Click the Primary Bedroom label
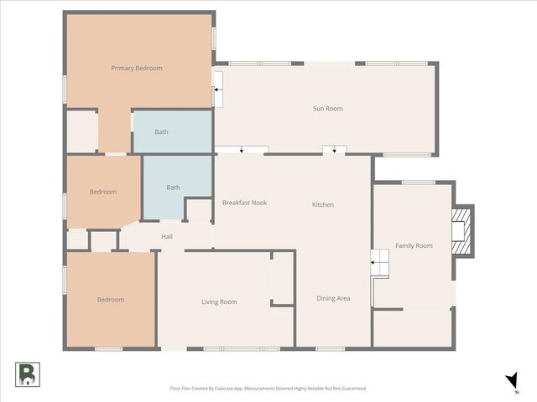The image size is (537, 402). click(137, 68)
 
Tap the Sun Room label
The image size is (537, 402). click(327, 108)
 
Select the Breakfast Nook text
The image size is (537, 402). click(245, 203)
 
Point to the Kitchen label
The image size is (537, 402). click(323, 204)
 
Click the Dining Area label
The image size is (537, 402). click(333, 298)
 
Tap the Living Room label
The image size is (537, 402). click(219, 301)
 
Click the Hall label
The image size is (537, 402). click(167, 237)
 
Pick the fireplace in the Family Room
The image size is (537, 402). click(461, 229)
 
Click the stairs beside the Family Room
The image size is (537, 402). click(383, 265)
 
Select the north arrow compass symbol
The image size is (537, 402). click(512, 382)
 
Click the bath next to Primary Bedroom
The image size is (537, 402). click(162, 131)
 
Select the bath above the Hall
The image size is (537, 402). click(173, 188)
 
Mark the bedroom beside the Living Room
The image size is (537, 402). click(110, 300)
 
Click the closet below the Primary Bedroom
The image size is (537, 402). click(82, 131)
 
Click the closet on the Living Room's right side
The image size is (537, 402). click(283, 279)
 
